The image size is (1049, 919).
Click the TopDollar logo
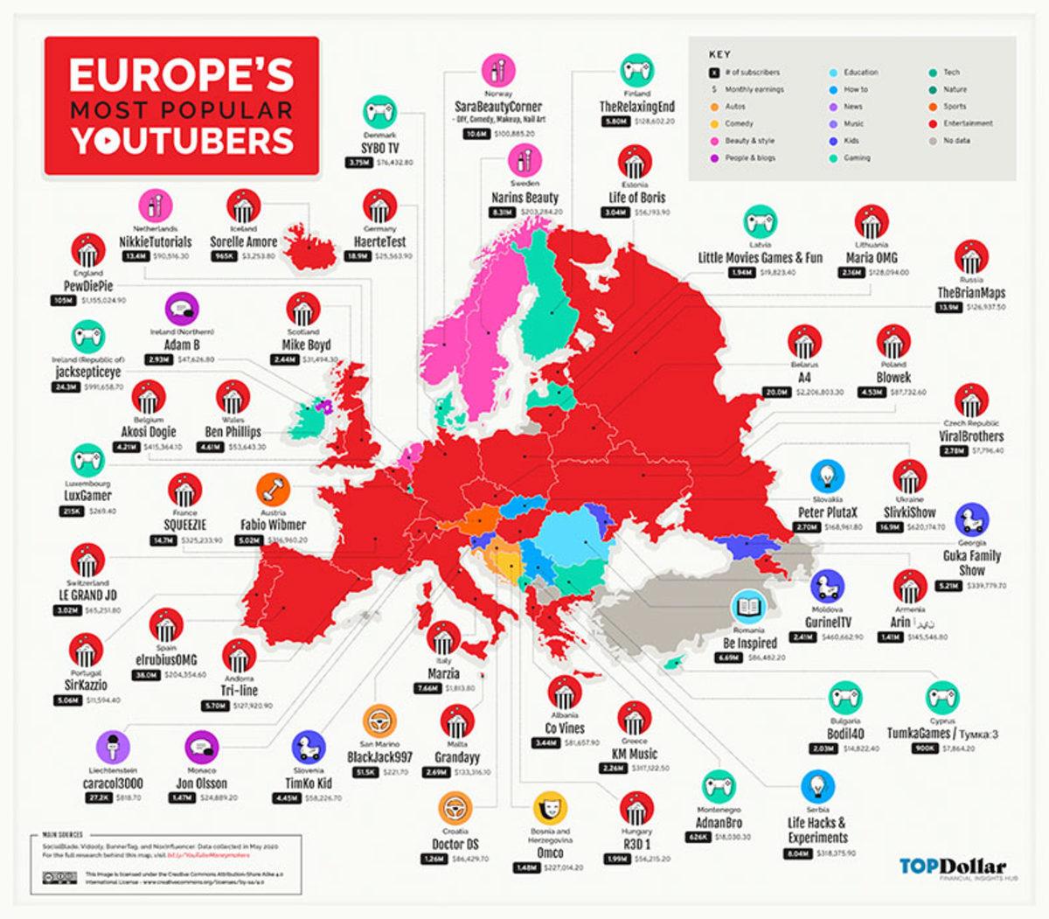point(952,867)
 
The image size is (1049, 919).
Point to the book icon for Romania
point(748,606)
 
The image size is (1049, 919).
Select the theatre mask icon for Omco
point(550,805)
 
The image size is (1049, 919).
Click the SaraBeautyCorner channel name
point(498,107)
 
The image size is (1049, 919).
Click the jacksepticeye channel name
point(84,372)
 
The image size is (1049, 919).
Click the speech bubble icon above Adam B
point(182,309)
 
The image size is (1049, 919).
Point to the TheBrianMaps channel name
point(970,292)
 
